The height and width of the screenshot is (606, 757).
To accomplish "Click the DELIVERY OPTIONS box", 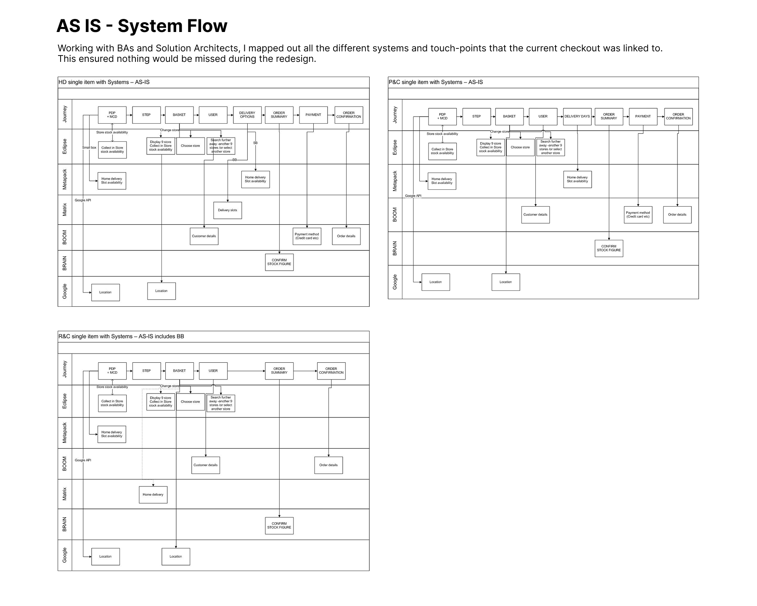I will (247, 115).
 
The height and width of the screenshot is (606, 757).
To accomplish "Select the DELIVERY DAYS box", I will (577, 117).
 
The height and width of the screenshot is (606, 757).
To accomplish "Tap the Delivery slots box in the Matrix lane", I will (228, 210).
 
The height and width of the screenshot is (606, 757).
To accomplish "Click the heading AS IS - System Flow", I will (142, 26).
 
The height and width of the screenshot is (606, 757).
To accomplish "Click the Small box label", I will (89, 148).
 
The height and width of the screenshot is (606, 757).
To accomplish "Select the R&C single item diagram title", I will (121, 336).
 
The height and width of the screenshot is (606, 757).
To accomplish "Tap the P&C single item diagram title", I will (435, 82).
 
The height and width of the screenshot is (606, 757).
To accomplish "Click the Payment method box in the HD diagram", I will (307, 237).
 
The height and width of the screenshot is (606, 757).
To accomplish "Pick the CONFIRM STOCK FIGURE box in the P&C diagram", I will (609, 248).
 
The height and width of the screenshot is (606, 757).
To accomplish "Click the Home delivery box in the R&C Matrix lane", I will (153, 494).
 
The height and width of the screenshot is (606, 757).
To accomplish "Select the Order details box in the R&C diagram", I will (328, 465).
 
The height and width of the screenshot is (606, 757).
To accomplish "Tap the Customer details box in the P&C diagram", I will (535, 215).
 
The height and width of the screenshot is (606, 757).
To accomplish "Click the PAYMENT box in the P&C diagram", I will (643, 117).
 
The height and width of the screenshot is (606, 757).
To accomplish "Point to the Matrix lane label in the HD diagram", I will (65, 210).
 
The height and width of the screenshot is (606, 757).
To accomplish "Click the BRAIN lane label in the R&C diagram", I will (65, 524).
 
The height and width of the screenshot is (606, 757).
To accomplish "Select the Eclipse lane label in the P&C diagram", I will (395, 147).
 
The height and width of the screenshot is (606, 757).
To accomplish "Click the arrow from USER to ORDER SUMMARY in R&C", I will (246, 371).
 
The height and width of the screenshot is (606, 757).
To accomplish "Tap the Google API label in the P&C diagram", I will (413, 196).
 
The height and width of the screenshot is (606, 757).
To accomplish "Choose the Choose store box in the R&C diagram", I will (191, 402).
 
